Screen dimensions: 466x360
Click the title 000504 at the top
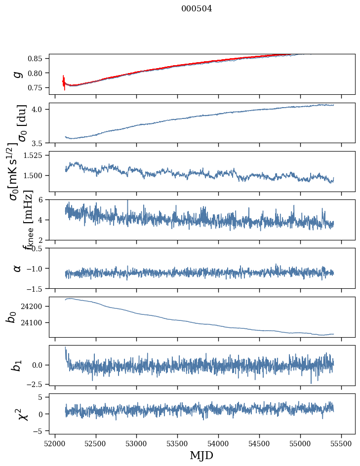pyautogui.click(x=197, y=8)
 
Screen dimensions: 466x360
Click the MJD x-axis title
pyautogui.click(x=201, y=456)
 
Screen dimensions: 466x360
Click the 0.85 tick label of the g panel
pyautogui.click(x=37, y=58)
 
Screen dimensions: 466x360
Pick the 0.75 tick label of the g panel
pyautogui.click(x=37, y=87)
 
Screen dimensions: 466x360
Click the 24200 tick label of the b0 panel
pyautogui.click(x=33, y=307)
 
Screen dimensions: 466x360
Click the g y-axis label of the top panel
pyautogui.click(x=17, y=74)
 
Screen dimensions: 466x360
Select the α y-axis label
pyautogui.click(x=17, y=268)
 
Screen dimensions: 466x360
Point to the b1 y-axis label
pyautogui.click(x=17, y=365)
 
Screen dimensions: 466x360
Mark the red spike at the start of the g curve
pyautogui.click(x=64, y=82)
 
